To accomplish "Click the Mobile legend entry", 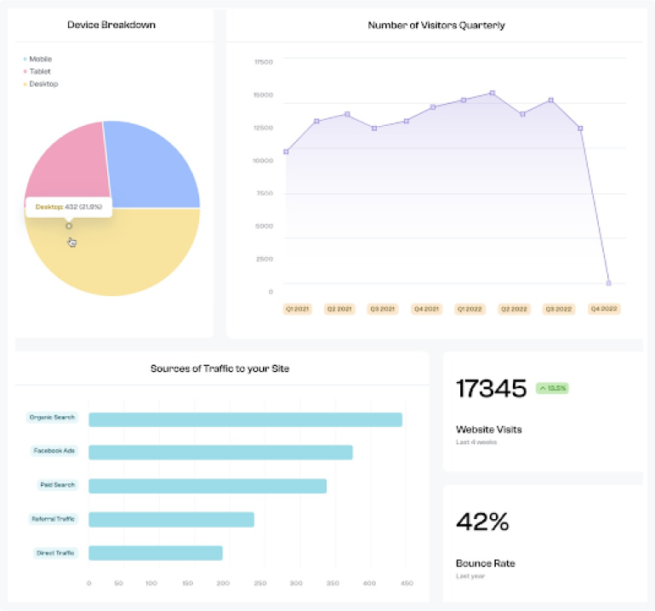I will click(40, 60).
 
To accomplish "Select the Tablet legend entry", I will click(40, 71).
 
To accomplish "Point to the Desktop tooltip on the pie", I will click(68, 207).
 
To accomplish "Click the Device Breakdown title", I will click(111, 25).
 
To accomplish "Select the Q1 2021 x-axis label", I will click(298, 309).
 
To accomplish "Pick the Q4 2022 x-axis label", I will click(604, 309).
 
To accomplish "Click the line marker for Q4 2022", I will click(608, 283).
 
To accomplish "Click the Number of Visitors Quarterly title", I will click(436, 25).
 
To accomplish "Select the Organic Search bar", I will click(245, 420).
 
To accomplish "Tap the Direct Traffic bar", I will click(156, 553).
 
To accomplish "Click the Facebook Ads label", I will click(54, 450).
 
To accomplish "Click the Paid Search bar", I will click(208, 486).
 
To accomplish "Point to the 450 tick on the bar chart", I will click(406, 584).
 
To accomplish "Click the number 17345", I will click(492, 389).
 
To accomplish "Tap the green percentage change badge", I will click(552, 388).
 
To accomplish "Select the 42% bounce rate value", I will click(482, 522).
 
